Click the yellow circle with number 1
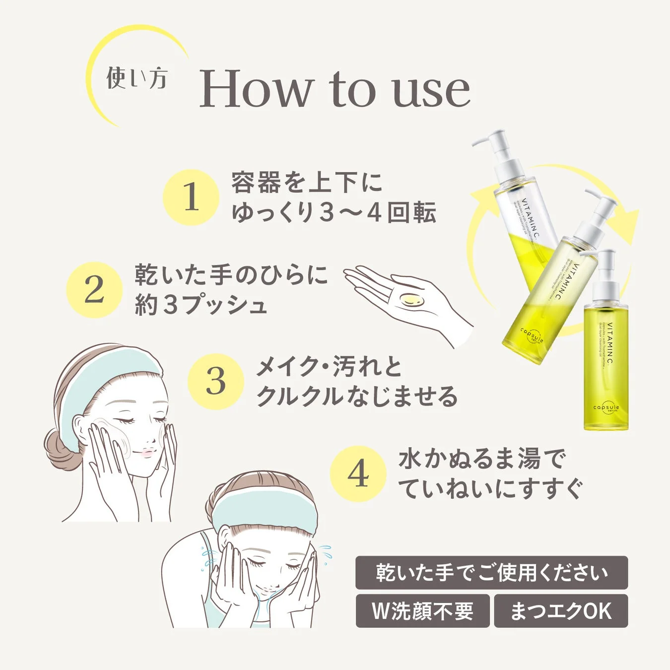[x=191, y=197]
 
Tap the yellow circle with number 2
[x=94, y=290]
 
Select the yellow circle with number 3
[x=216, y=381]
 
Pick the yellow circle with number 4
[x=358, y=473]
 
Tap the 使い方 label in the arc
[x=136, y=78]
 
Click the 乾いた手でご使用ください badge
[x=491, y=573]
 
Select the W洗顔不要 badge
[x=422, y=611]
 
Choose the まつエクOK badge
[x=561, y=611]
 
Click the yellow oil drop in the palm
[x=411, y=300]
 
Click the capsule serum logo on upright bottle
[x=606, y=408]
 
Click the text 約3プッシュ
[x=201, y=305]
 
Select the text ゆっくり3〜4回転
[x=334, y=212]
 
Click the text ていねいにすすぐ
[x=490, y=488]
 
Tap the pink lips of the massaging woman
[x=147, y=453]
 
